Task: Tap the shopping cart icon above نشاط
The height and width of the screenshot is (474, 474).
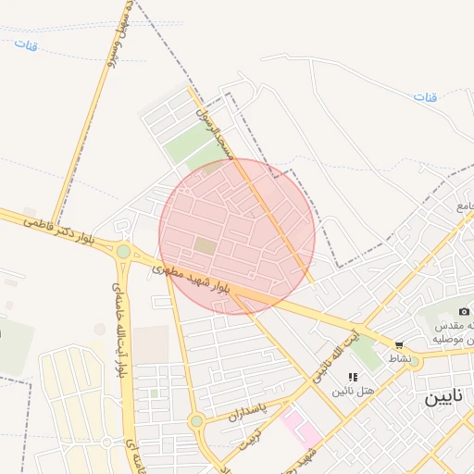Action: (x=399, y=344)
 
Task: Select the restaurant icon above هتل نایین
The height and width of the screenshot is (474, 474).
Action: (x=353, y=376)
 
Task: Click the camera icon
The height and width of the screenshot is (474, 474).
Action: (x=464, y=311)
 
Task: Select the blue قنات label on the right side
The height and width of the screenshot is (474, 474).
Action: (x=425, y=97)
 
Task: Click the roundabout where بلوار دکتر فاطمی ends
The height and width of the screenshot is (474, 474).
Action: (x=123, y=251)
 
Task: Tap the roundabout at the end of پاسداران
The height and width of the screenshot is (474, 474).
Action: (x=196, y=422)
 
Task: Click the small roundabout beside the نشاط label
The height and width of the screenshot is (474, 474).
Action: (x=414, y=363)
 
